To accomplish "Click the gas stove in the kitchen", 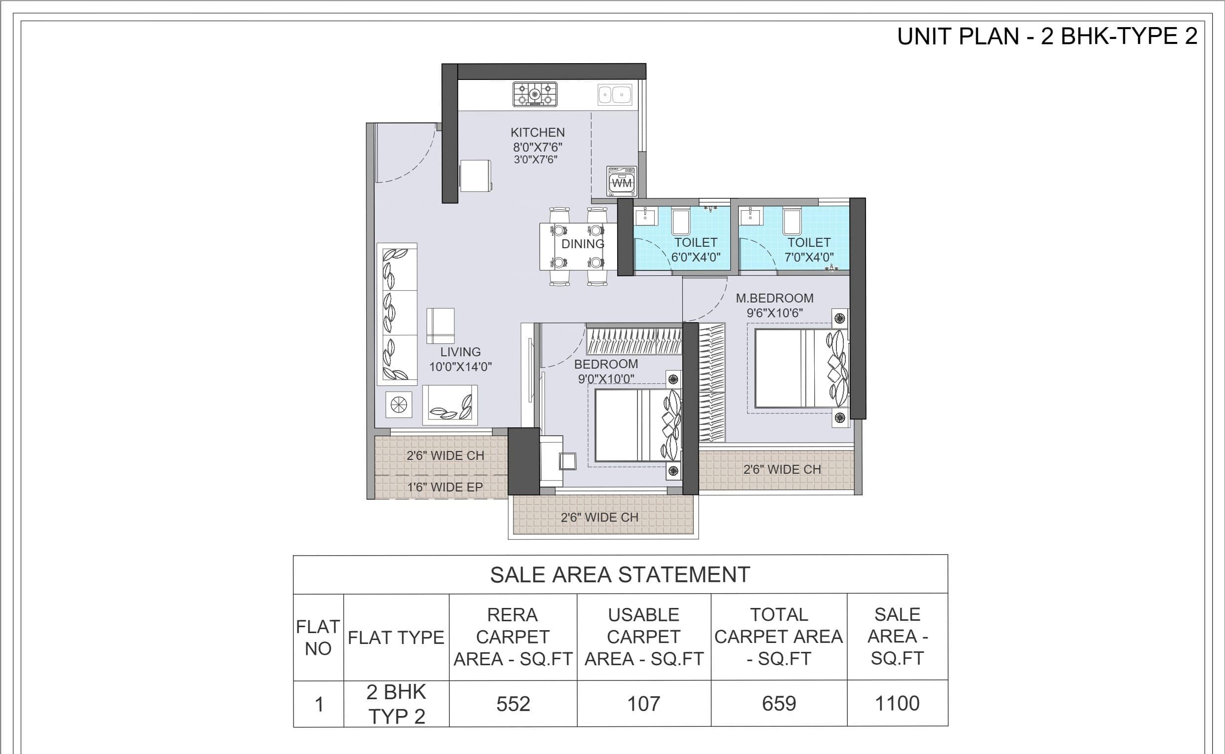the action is coord(535,94).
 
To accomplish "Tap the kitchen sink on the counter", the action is coord(615,94).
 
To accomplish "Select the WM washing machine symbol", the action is coord(622,181).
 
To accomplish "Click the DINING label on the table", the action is coord(583,244).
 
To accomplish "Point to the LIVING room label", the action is coord(460,352).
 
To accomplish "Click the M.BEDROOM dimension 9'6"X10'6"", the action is coord(774,313).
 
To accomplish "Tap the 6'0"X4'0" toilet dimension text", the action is coord(696,257).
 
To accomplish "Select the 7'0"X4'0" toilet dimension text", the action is coord(809,257).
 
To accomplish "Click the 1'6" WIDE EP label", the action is coord(445,487).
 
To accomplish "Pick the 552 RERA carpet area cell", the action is coord(513,704).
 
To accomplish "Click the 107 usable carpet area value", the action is coord(644,704).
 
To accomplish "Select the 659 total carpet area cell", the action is coord(779,704).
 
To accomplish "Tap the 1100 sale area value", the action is coord(897,704).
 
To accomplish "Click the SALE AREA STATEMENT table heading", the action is coord(620,575).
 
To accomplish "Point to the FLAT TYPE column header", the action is coord(395,638).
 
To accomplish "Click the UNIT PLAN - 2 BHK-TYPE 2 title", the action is coord(1047,37).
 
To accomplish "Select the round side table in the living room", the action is coord(398,405).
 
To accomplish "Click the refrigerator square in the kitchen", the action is coord(475,176).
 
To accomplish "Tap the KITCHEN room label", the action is coord(537,133).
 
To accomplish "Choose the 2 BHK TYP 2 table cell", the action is coord(396,704).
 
